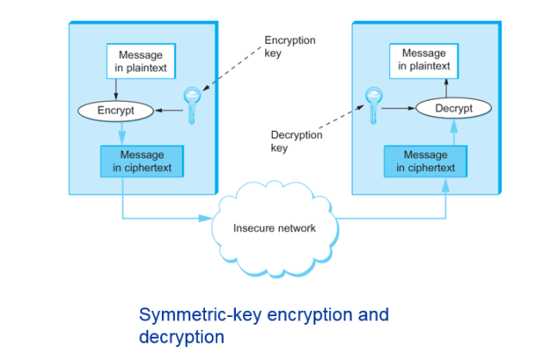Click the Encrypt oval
coord(116,111)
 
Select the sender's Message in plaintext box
coord(141,60)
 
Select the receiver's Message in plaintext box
coord(424,59)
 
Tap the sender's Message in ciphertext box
coord(142,161)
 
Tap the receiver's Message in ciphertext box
coord(425,161)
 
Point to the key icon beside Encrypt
coord(191,105)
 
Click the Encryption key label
coord(289,47)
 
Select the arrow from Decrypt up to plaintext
coord(446,87)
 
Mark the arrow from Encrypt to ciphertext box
coord(121,131)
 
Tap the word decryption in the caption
coord(182,336)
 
